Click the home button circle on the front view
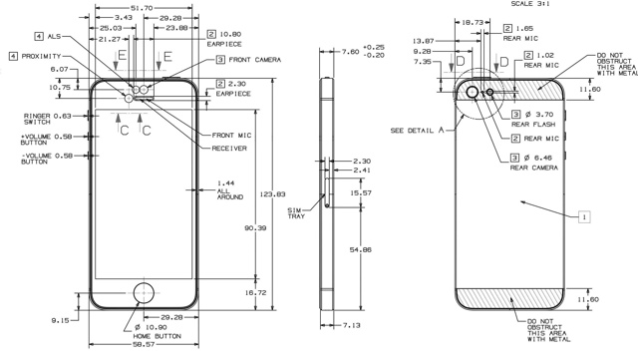[144, 282]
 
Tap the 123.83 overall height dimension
[272, 194]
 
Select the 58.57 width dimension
[144, 344]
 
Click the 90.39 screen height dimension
[255, 228]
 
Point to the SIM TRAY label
[296, 213]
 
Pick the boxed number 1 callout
[584, 216]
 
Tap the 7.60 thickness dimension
[350, 51]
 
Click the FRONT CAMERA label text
[255, 60]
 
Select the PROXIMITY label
[41, 56]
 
